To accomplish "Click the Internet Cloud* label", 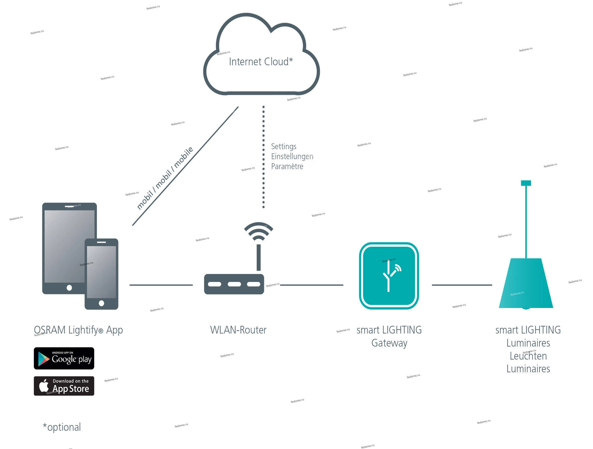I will point(261,62).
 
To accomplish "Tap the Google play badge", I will point(64,358).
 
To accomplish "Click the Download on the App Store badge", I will point(64,386).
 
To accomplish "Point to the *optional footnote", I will point(62,427).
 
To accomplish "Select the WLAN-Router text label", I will point(238,330).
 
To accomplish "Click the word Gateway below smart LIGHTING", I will point(389,343).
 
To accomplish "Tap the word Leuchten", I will point(528,356).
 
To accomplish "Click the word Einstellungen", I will point(292,156).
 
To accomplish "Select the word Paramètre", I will point(287,166).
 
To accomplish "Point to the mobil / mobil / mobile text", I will point(165,178).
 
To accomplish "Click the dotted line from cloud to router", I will point(263,157).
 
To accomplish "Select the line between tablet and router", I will point(161,285).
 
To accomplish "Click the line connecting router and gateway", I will point(312,285).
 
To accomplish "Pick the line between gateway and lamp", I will point(462,285).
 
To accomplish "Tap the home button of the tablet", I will point(69,288).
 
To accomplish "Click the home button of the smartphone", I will point(101,303).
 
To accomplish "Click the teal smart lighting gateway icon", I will point(389,276).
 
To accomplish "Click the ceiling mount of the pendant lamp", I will point(526,183).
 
